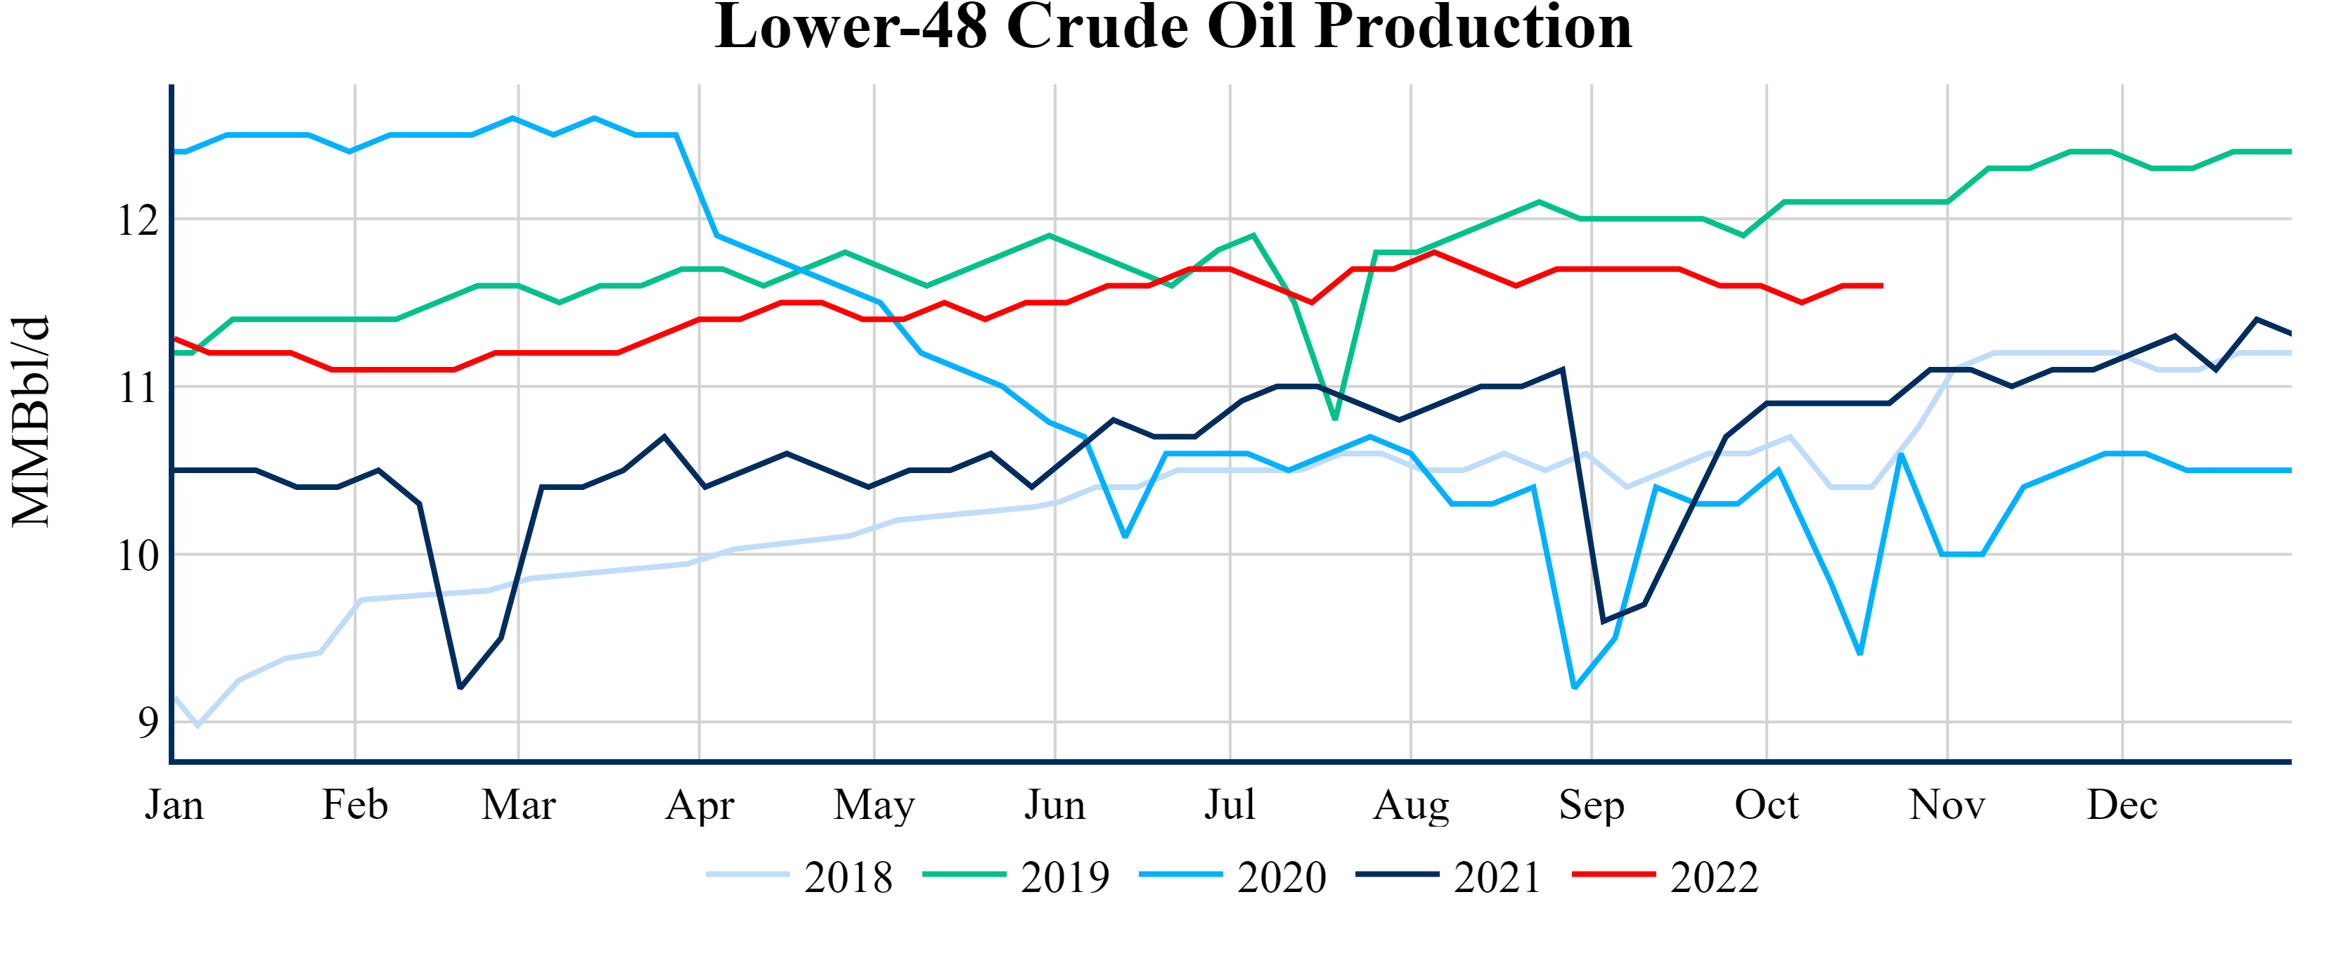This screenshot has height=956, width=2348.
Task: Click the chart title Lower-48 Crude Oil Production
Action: pyautogui.click(x=1173, y=27)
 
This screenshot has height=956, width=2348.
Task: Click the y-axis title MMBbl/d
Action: pyautogui.click(x=31, y=422)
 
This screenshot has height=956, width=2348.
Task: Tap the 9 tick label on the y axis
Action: pyautogui.click(x=148, y=723)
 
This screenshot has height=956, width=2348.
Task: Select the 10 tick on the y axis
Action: pyautogui.click(x=138, y=556)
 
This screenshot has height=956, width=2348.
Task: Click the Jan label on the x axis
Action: pyautogui.click(x=174, y=806)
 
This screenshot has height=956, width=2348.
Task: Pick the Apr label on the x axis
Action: pyautogui.click(x=699, y=806)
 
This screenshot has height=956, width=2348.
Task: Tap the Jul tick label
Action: pyautogui.click(x=1230, y=806)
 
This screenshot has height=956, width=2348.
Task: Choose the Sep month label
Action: pyautogui.click(x=1592, y=806)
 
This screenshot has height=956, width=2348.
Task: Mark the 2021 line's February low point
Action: pyautogui.click(x=460, y=687)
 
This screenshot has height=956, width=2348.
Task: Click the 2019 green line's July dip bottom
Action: pyautogui.click(x=1335, y=418)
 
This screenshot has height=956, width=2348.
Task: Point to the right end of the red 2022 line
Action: pyautogui.click(x=1881, y=286)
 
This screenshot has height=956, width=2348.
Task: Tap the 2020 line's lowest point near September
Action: pyautogui.click(x=1574, y=687)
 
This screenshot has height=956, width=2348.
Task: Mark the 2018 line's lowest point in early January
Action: pyautogui.click(x=197, y=725)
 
